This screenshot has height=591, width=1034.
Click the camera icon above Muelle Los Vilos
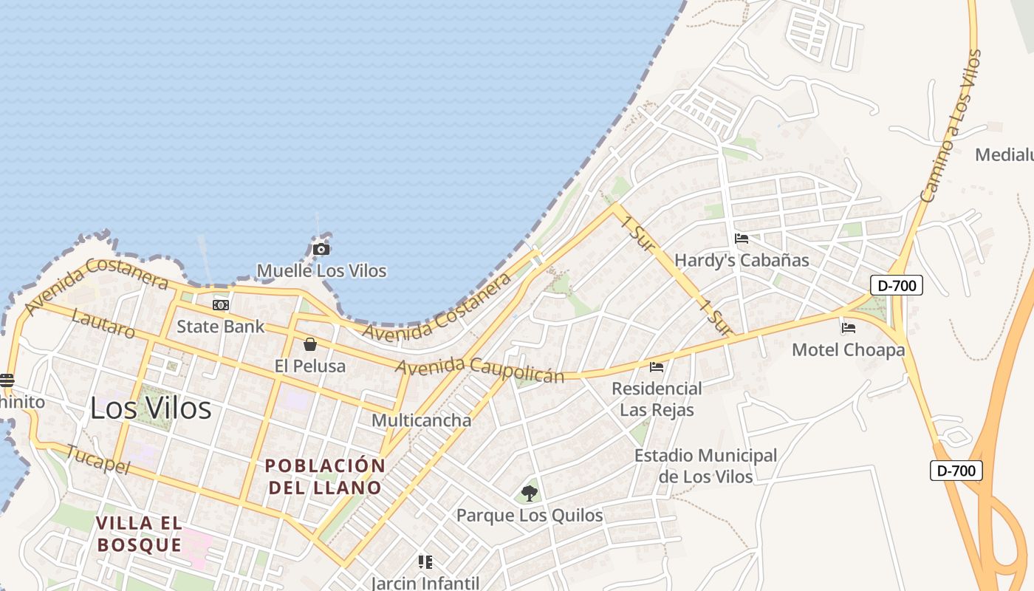tap(321, 250)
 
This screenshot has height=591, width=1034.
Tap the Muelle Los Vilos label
tap(321, 271)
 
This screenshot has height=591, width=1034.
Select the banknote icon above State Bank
tap(220, 305)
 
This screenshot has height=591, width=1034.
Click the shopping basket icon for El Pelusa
tap(310, 344)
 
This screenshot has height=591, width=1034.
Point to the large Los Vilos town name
tap(151, 408)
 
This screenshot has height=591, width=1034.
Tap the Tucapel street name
tap(97, 459)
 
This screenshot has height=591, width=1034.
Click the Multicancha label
tap(421, 420)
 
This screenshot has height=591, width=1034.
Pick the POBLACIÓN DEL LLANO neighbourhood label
tap(325, 476)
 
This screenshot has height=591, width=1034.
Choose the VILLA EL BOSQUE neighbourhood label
tap(139, 534)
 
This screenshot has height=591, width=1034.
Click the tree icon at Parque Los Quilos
tap(529, 493)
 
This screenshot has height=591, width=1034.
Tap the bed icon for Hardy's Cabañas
tap(742, 239)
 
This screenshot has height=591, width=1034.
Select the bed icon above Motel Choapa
tap(848, 327)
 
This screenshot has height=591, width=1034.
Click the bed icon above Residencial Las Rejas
tap(656, 366)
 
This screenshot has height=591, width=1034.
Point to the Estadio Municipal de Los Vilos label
tap(705, 466)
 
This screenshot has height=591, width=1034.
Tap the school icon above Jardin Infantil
tap(425, 562)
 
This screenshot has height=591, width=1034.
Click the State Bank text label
tap(220, 327)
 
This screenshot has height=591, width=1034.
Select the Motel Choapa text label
tap(848, 349)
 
